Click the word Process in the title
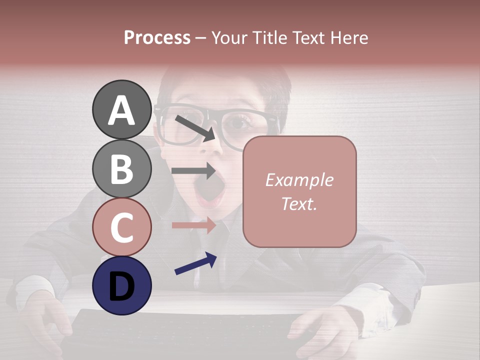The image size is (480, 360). tap(157, 37)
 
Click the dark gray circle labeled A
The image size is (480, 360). tap(122, 109)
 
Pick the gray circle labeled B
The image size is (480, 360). tap(122, 168)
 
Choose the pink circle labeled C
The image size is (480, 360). tap(122, 227)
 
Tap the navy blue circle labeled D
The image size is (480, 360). tap(122, 285)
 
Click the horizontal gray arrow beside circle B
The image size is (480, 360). tap(193, 170)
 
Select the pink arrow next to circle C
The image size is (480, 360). tap(193, 225)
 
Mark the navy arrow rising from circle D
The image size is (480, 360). tap(195, 263)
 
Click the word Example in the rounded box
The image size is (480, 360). tap(299, 180)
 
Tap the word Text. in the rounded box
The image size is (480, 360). tap(299, 203)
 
